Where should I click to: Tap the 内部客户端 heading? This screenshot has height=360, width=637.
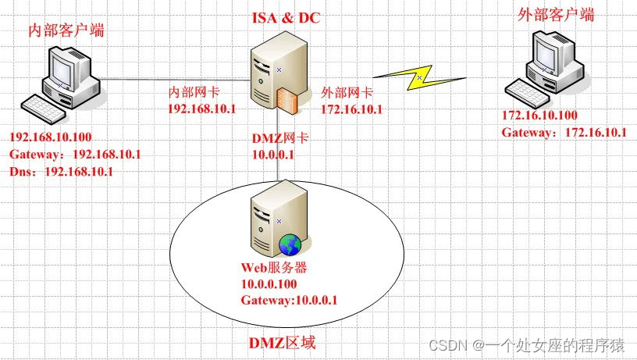tap(66, 31)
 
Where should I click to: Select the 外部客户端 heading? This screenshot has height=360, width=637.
tap(557, 15)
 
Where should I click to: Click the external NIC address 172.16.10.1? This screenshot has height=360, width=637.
tap(351, 109)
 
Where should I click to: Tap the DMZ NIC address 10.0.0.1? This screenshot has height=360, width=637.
tap(272, 155)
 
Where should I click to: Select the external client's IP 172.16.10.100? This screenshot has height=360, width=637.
tap(539, 116)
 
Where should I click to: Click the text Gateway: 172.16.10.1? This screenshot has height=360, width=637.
tap(564, 132)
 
